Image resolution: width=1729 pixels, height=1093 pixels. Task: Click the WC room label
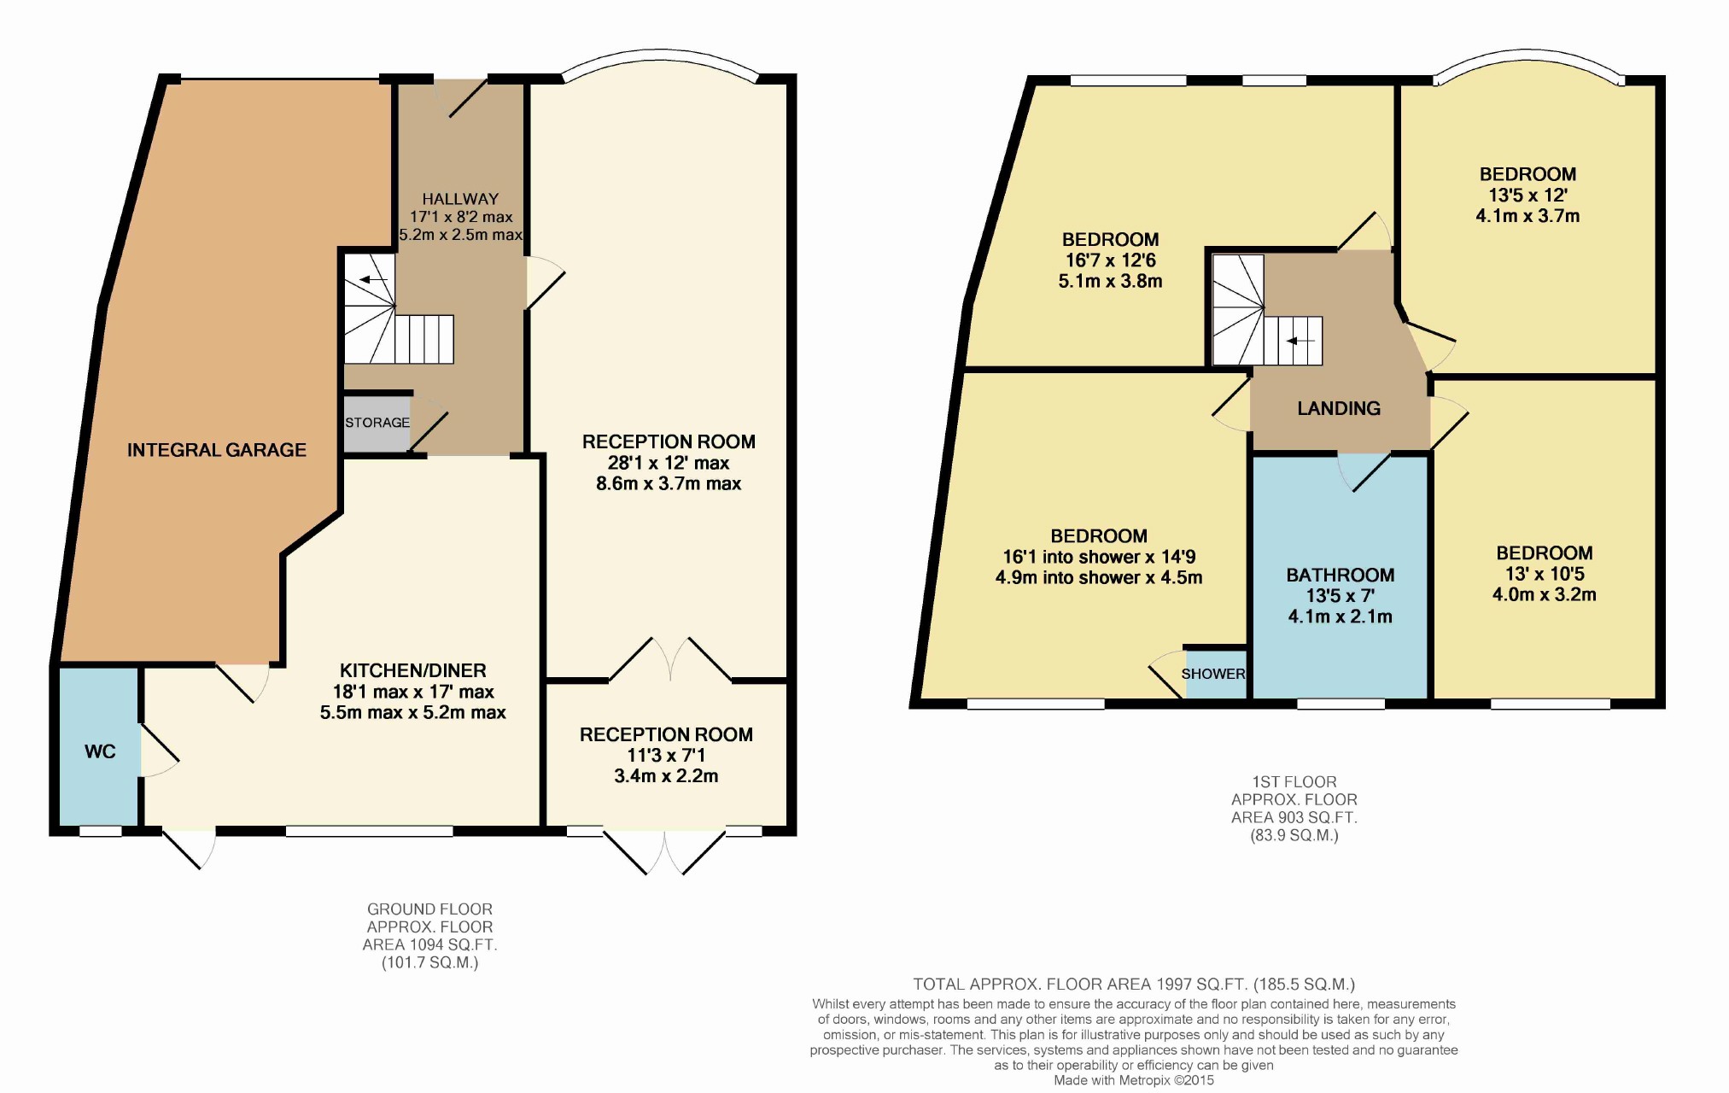click(100, 751)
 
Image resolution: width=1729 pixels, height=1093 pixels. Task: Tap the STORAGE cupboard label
click(377, 423)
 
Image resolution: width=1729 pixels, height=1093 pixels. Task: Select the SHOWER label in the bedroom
click(1213, 674)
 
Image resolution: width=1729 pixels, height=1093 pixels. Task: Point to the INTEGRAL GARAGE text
click(217, 450)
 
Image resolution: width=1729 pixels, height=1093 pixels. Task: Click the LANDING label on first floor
click(1339, 408)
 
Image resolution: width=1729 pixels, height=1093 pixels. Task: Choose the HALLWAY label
click(460, 199)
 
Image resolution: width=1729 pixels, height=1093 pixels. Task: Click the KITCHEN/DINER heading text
click(413, 671)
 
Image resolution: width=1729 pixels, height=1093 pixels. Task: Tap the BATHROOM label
click(1341, 576)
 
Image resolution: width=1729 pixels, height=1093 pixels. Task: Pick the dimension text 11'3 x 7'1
click(666, 755)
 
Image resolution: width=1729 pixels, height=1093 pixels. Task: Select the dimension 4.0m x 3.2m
click(1545, 594)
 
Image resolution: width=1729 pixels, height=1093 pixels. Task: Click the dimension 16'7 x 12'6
click(1111, 260)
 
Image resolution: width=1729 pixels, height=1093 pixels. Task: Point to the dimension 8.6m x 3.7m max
click(669, 483)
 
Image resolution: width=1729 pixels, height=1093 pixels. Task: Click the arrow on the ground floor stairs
click(372, 279)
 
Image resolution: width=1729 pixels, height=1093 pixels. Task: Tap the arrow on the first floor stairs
click(1301, 342)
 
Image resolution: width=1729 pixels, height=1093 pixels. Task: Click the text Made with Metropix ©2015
click(1134, 1080)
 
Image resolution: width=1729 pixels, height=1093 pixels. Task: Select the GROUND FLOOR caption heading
click(429, 909)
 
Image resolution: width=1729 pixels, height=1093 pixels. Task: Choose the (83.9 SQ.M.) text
click(1294, 835)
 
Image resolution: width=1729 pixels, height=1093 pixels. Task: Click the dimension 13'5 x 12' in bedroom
click(1528, 195)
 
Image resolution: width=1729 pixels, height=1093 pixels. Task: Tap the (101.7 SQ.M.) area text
click(429, 963)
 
